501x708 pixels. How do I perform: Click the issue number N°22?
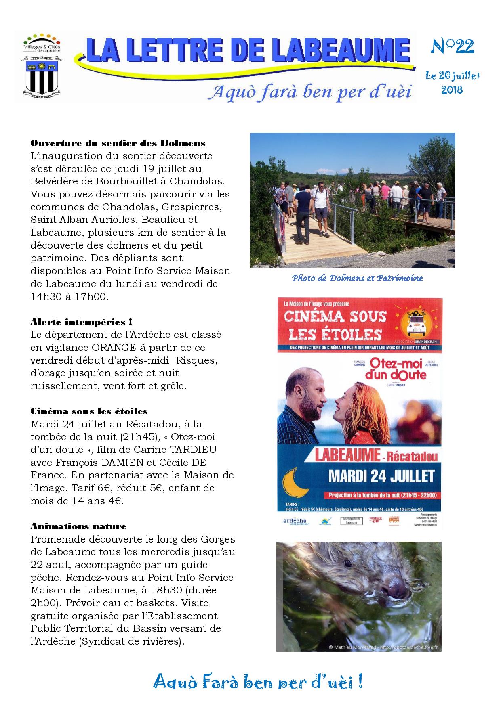(452, 48)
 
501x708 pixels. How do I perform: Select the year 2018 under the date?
(452, 90)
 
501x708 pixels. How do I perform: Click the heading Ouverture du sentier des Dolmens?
(118, 143)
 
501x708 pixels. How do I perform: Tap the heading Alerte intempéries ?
(81, 322)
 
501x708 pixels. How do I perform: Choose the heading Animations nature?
(78, 526)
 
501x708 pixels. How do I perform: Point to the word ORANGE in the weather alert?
(114, 348)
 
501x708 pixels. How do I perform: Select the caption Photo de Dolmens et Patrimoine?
(357, 278)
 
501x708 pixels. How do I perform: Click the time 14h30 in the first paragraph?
(46, 296)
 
